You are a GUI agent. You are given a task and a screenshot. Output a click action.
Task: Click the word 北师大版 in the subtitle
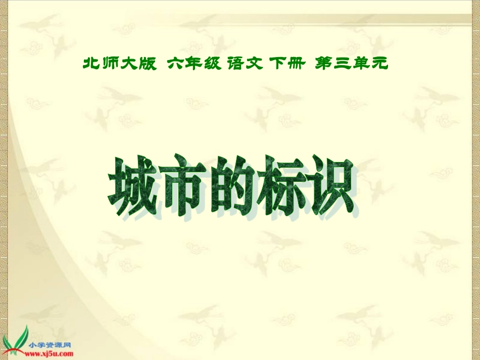(x=119, y=64)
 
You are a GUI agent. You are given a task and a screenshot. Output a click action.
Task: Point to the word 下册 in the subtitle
(x=287, y=64)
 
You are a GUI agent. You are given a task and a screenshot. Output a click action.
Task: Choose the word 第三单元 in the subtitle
(x=351, y=64)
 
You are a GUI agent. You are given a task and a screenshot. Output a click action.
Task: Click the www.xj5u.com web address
(x=50, y=354)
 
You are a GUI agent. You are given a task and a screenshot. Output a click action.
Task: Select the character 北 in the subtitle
(x=91, y=64)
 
